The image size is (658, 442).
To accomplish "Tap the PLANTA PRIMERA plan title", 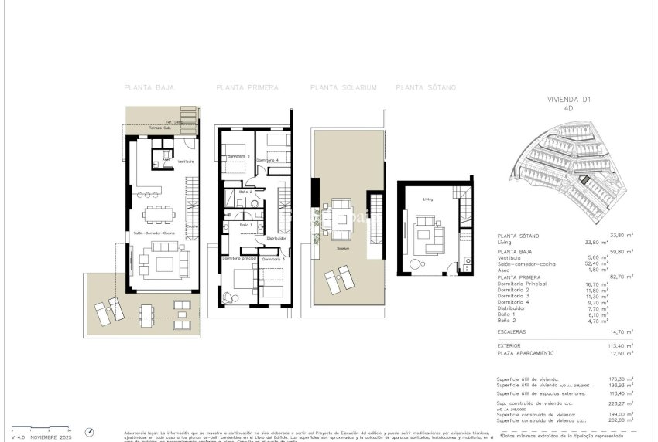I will tap(247, 88).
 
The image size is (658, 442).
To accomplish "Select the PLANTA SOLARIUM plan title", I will tap(343, 88).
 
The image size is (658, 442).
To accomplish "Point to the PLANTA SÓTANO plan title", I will tap(426, 88).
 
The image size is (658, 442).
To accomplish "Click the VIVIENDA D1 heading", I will tap(569, 100).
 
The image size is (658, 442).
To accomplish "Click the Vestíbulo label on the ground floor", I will tap(185, 161).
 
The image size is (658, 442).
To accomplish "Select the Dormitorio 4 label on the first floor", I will tap(268, 160).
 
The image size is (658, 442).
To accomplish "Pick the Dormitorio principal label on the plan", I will tap(238, 258).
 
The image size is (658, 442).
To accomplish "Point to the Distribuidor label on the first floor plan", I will tap(276, 239).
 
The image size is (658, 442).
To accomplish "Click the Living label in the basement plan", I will tap(427, 199).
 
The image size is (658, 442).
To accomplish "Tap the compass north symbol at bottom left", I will tap(90, 431).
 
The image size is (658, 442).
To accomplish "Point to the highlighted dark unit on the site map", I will tap(585, 180).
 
